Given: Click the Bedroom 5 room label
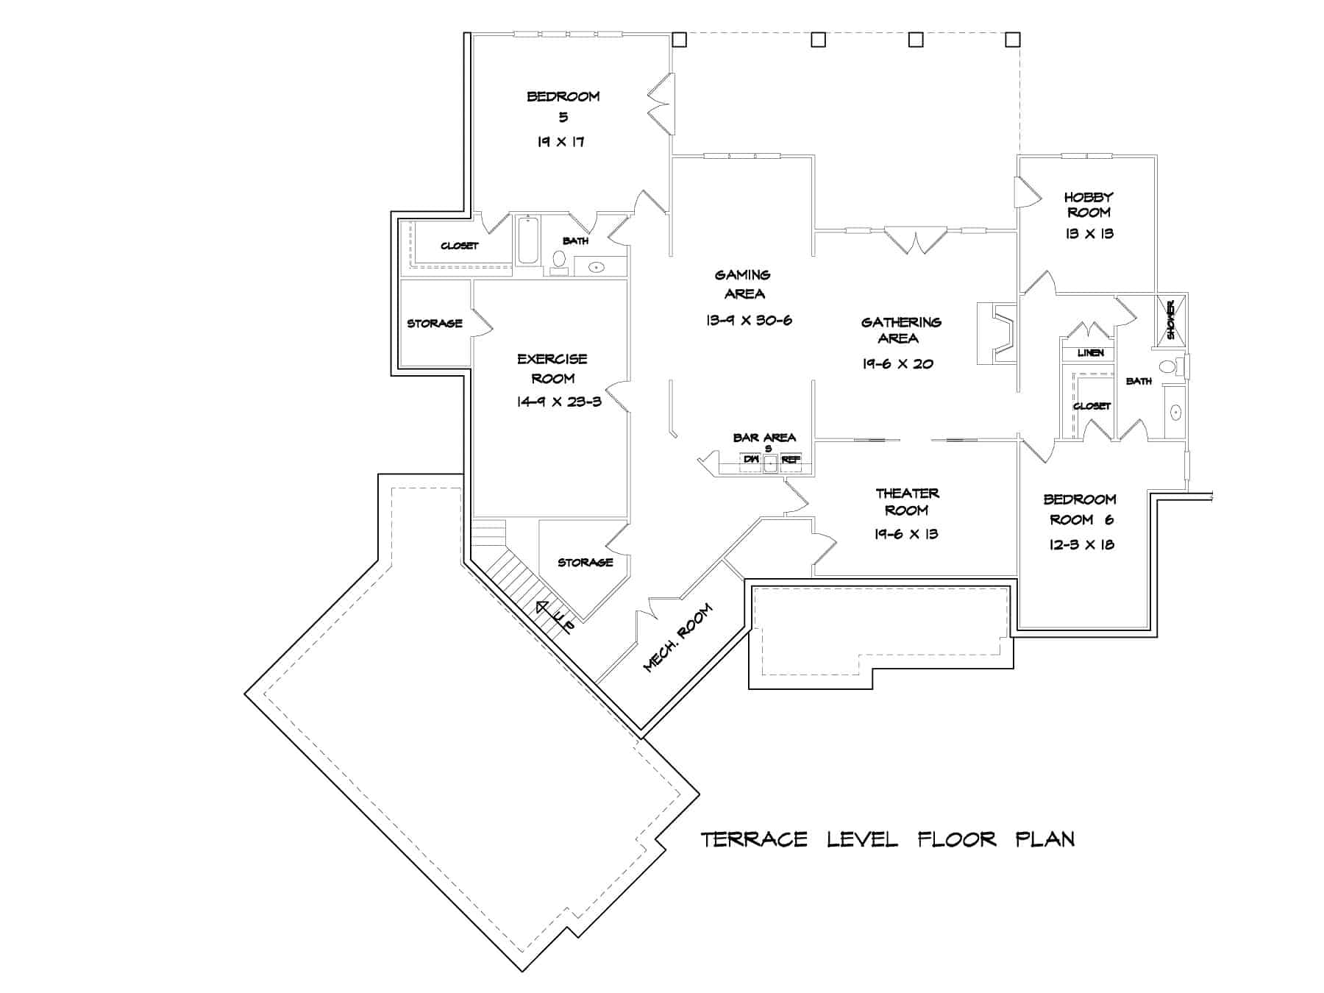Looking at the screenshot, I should tap(563, 105).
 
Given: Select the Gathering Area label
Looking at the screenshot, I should tap(900, 330).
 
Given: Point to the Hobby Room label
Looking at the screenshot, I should tap(1089, 204).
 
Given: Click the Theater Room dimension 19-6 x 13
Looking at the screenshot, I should tap(906, 535).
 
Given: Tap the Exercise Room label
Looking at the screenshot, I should tap(552, 368).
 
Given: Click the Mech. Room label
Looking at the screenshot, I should tap(677, 638).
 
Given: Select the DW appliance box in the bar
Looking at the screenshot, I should tap(750, 460).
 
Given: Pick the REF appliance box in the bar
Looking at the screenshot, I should tap(791, 460).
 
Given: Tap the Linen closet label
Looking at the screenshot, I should tap(1090, 353).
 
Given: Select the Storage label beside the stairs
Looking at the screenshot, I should tap(585, 563).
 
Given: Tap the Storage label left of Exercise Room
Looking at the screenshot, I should tap(435, 324).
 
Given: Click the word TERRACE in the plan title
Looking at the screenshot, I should tap(754, 839).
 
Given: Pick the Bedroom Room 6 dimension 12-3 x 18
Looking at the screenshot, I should tap(1081, 545).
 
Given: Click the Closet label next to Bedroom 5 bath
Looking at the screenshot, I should tap(459, 246).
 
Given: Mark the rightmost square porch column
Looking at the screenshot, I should tap(1012, 39).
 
